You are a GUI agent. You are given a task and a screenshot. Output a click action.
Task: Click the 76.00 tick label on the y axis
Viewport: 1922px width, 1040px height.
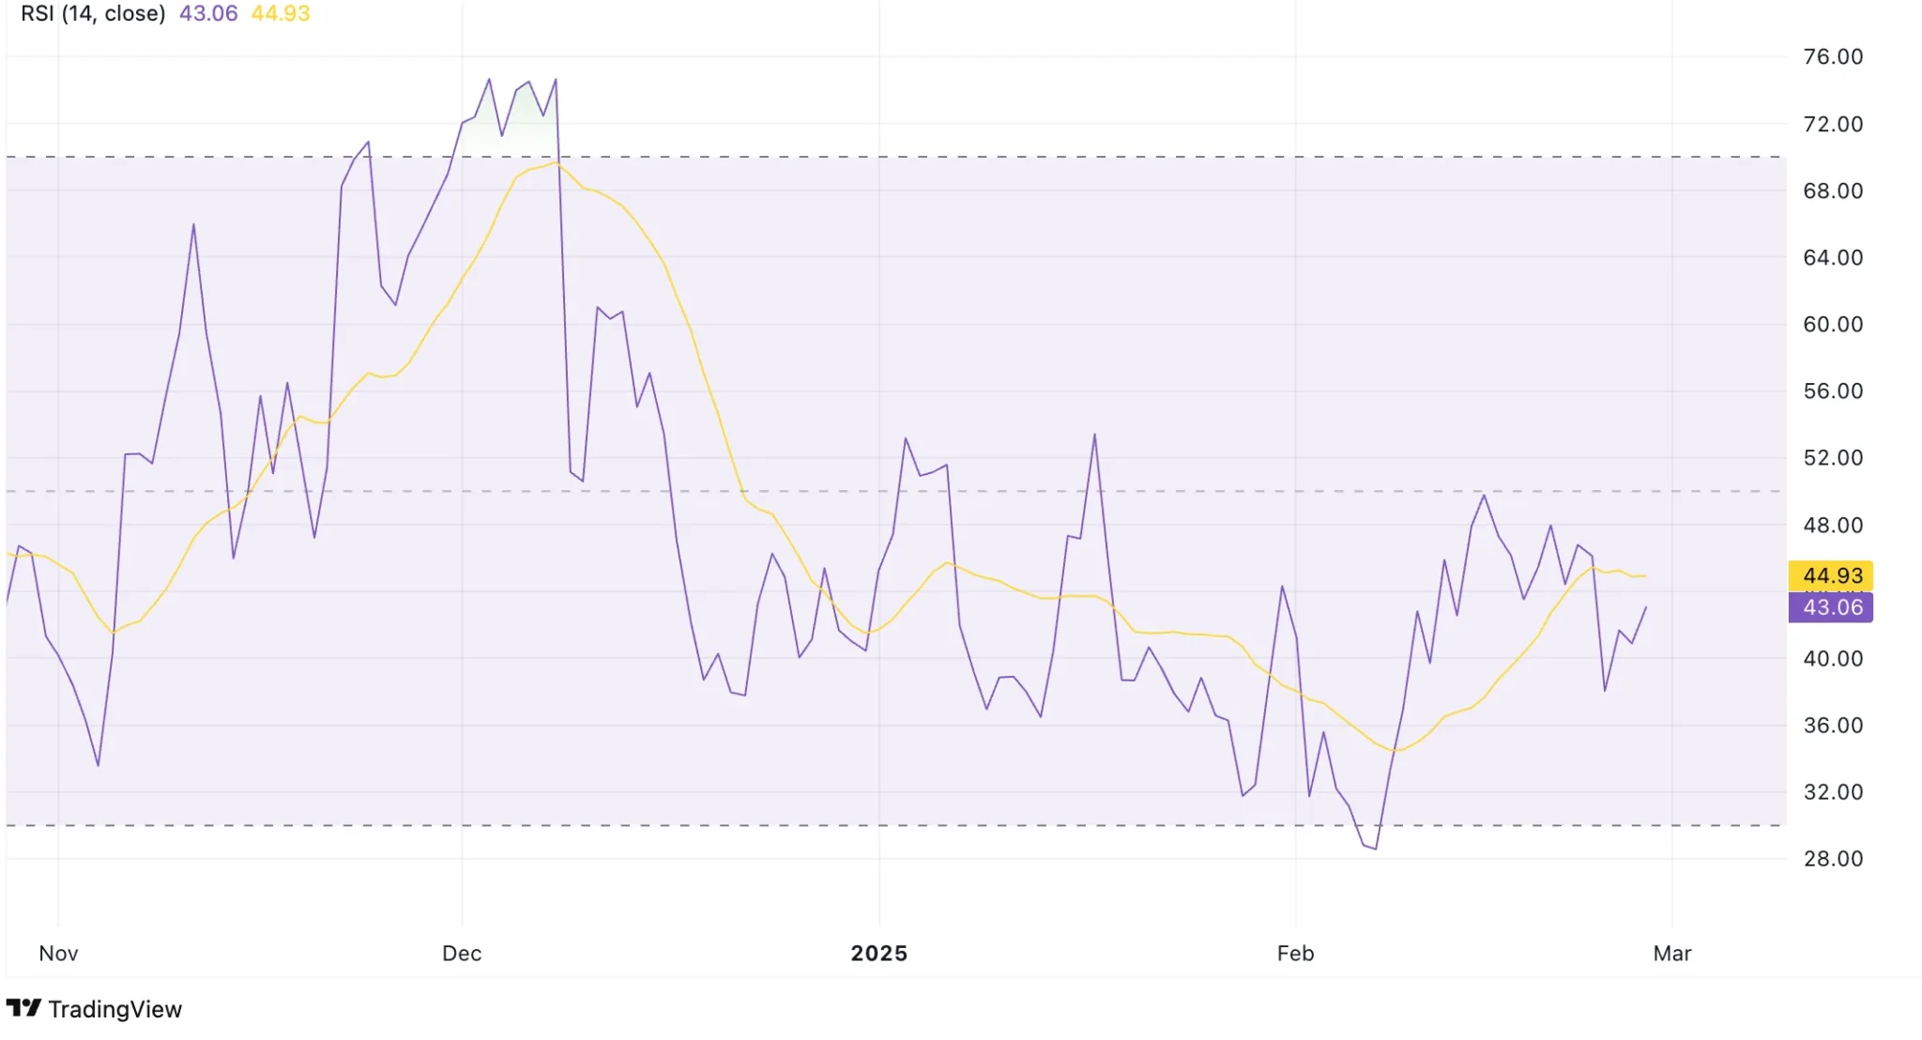1832,57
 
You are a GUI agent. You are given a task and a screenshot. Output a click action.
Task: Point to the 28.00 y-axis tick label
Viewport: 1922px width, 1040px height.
1832,859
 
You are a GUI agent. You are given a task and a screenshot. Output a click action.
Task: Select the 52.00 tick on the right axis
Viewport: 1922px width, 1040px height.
1832,458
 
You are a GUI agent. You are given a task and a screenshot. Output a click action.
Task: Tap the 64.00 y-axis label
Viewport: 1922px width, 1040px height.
1832,258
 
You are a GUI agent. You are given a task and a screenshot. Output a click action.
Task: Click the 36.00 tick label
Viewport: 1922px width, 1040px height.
1832,726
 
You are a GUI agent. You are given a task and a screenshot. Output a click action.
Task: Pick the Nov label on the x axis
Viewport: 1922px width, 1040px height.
58,954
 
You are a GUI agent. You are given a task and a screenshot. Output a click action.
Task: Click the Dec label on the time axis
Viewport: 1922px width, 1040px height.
462,954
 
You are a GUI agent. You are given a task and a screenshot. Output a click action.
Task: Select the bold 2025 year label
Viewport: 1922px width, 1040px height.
878,954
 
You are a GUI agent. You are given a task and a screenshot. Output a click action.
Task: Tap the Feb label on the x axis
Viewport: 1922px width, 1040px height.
1295,954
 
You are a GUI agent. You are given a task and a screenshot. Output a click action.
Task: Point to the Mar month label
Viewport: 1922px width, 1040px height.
1671,954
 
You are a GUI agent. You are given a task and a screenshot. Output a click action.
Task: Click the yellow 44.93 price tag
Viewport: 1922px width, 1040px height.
1831,575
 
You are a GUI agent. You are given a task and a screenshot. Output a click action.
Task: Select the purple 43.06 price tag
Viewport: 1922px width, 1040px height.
1831,607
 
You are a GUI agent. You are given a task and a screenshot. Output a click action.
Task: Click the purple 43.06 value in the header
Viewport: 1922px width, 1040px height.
208,14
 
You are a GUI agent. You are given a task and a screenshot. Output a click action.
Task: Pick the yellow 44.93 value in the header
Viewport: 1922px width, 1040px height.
281,14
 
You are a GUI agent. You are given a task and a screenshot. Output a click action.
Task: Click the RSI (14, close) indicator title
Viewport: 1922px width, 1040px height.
93,14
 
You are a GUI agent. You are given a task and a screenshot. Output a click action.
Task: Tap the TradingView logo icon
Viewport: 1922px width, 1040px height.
23,1008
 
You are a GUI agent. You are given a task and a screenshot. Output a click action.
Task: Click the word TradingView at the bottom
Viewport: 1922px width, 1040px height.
114,1009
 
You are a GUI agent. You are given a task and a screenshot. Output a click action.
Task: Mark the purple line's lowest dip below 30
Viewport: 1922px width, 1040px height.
1375,849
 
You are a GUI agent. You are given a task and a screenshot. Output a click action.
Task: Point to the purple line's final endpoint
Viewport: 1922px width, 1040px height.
1645,607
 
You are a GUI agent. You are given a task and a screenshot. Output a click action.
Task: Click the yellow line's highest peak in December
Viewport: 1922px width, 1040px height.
556,163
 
